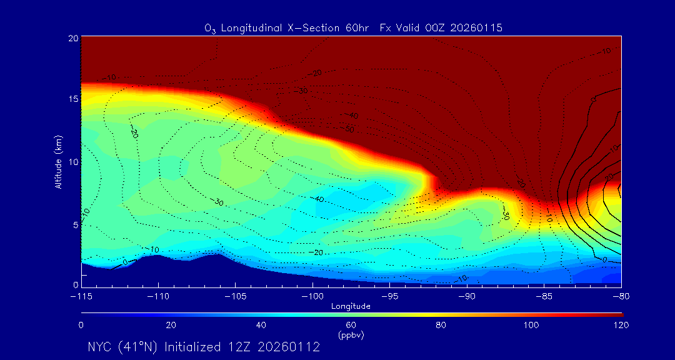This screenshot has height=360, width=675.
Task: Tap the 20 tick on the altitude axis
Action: [73, 38]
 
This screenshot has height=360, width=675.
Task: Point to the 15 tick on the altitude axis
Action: [73, 99]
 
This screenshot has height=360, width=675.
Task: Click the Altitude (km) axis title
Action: [58, 162]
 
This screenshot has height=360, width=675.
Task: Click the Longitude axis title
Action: [351, 306]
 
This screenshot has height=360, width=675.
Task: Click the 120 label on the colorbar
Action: [621, 325]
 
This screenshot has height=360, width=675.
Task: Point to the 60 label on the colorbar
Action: [351, 325]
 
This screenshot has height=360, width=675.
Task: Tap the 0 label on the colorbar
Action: [81, 325]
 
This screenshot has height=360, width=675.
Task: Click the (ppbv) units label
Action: [351, 334]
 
